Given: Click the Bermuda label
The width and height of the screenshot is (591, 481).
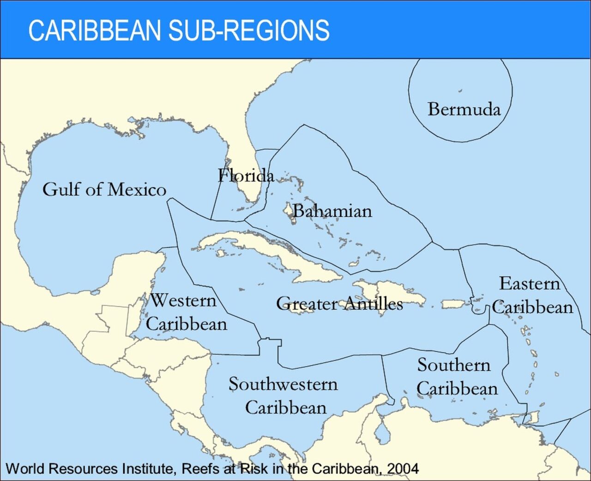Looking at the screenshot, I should [464, 110].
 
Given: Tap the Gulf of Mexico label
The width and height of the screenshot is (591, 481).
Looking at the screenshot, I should [104, 189].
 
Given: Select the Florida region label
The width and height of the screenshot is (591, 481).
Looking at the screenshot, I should [246, 176].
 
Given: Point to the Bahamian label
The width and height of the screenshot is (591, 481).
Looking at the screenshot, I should [332, 211].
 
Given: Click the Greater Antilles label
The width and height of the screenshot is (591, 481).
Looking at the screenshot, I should [339, 304].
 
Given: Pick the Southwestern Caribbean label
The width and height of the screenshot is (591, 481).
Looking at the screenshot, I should [283, 396].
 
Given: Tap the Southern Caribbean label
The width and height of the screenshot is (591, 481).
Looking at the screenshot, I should [456, 377].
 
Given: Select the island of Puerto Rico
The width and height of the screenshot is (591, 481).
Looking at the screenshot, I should [455, 304].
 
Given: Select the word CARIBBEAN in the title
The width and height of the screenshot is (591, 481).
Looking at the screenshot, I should [94, 30].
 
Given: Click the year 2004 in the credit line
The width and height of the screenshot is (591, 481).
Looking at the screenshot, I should [403, 469].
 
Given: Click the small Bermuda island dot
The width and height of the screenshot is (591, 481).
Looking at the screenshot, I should [460, 91].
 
